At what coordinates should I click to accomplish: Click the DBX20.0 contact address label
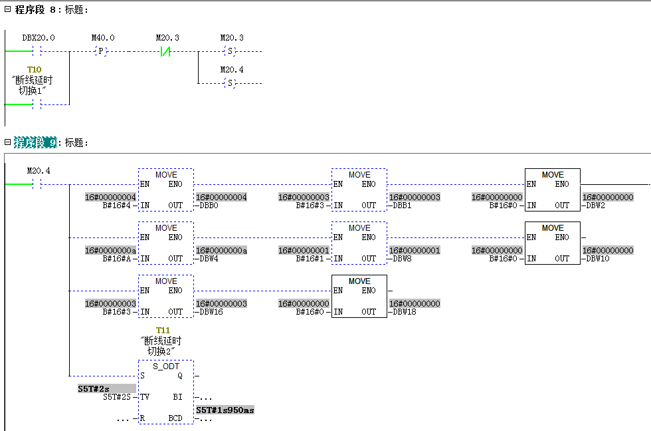click(x=39, y=38)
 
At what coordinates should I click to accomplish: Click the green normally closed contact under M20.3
click(x=166, y=51)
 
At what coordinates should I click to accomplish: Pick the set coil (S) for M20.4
click(x=231, y=83)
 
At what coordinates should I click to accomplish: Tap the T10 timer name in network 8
click(x=34, y=70)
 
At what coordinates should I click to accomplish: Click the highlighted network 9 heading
click(x=35, y=142)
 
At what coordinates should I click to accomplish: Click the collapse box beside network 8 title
click(x=7, y=10)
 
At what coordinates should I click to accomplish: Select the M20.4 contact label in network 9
click(x=39, y=171)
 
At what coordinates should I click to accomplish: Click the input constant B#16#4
click(x=120, y=206)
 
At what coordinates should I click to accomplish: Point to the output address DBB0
click(x=207, y=206)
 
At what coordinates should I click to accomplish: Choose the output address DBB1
click(x=401, y=206)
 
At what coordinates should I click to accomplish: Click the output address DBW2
click(x=595, y=206)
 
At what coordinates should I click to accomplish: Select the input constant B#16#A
click(x=120, y=259)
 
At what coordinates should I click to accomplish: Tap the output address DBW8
click(x=401, y=259)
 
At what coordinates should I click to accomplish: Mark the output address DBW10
click(x=597, y=259)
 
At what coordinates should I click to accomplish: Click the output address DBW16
click(x=209, y=312)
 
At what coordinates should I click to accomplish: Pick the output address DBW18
click(x=403, y=312)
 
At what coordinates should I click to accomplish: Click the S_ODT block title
click(x=165, y=366)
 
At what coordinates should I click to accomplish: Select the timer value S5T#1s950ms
click(x=225, y=410)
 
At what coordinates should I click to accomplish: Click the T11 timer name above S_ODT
click(x=163, y=331)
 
